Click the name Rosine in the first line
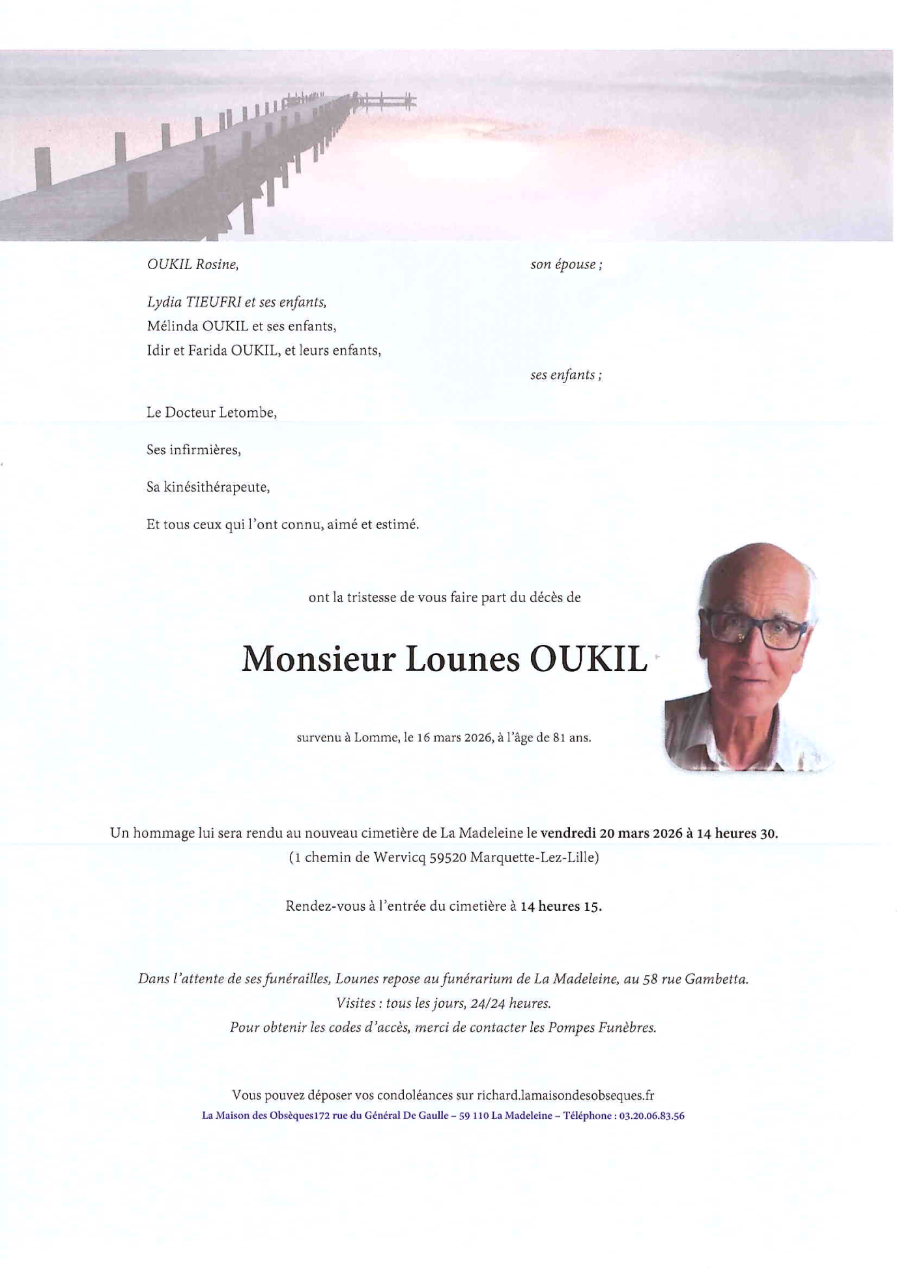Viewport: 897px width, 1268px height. click(x=217, y=265)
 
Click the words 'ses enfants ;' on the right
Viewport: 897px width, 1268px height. click(x=565, y=375)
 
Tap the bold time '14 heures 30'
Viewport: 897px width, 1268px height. click(x=737, y=833)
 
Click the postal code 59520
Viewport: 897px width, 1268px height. click(x=448, y=857)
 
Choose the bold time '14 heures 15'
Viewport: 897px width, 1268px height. click(x=560, y=906)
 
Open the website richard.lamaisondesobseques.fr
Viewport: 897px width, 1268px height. click(x=565, y=1096)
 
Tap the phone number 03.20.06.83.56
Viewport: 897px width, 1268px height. click(x=651, y=1116)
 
